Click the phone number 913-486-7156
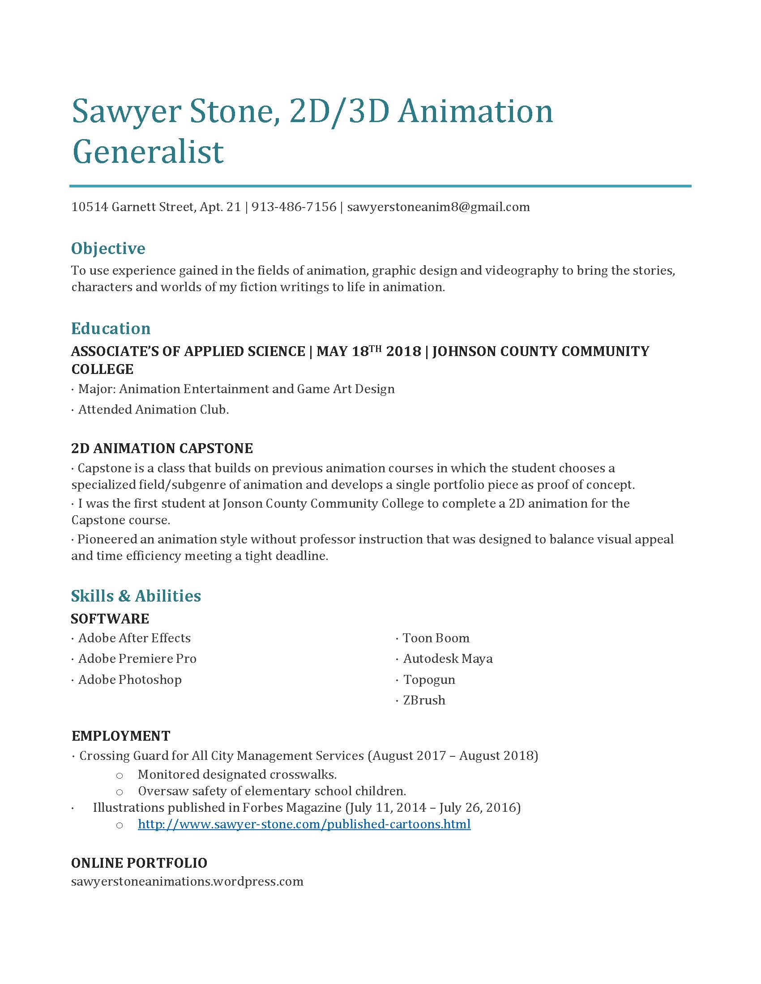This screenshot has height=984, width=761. click(294, 207)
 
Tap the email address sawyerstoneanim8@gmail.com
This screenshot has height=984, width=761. click(438, 207)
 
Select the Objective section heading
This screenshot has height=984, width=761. click(108, 248)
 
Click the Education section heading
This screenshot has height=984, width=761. click(111, 328)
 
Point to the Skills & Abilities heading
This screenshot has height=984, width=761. click(136, 596)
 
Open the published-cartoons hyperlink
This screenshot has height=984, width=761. click(304, 824)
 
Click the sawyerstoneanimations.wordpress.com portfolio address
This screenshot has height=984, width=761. click(187, 881)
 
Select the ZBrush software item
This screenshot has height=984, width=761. click(424, 700)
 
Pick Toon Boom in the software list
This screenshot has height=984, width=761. click(436, 638)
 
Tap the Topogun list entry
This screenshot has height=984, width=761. click(429, 679)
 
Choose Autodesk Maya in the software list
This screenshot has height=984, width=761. click(447, 659)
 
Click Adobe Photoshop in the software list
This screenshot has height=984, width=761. click(130, 679)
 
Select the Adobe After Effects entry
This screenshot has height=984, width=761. click(134, 638)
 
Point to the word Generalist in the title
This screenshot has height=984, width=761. click(148, 151)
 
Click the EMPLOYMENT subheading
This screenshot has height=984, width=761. click(121, 736)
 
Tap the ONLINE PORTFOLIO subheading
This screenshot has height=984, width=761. click(139, 863)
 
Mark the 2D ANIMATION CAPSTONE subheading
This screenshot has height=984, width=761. click(162, 448)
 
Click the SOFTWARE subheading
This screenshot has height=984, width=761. click(110, 619)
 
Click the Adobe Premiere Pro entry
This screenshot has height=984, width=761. click(137, 659)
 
